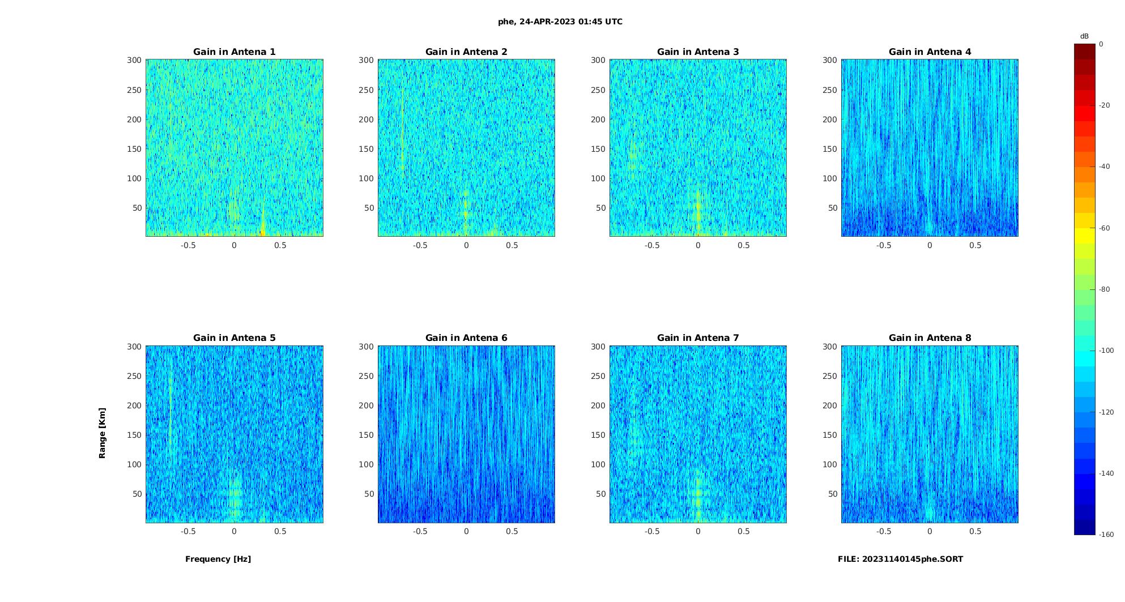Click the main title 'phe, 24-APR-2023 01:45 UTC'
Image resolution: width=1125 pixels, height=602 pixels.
560,22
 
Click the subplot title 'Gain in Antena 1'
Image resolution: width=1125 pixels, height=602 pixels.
235,52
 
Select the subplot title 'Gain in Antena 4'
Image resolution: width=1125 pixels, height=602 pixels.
930,52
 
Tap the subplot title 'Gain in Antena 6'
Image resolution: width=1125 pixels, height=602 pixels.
466,338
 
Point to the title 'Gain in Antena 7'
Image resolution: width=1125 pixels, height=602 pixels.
698,338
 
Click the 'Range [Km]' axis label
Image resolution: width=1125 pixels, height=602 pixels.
103,433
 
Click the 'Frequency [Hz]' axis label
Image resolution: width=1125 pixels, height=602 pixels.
218,559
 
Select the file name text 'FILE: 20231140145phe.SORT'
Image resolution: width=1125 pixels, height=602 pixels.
900,559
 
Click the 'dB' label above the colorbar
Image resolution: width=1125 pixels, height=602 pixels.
1084,36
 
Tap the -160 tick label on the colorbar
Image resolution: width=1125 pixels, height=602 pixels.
1106,535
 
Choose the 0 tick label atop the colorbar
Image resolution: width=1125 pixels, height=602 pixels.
1101,44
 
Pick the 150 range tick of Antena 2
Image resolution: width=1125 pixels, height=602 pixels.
366,149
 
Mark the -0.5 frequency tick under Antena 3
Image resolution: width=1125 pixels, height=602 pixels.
652,245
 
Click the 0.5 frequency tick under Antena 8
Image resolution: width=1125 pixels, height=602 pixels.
975,531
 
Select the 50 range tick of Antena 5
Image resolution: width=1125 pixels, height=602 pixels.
137,494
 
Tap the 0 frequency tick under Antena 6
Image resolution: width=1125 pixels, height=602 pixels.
466,531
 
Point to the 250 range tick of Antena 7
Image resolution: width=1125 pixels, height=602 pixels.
598,376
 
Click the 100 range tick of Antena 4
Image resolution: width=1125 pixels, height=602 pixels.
829,178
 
